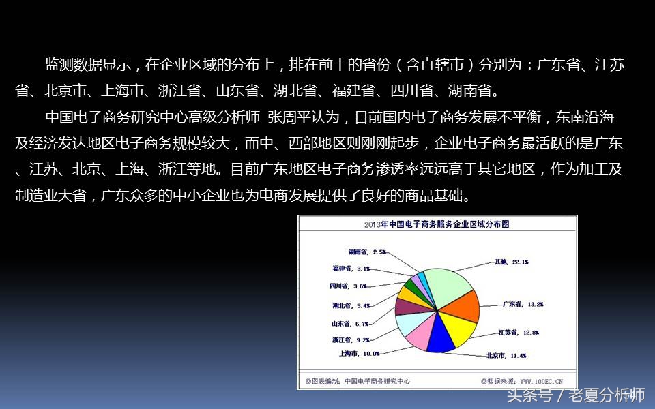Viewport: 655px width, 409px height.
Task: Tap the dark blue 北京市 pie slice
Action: [440, 339]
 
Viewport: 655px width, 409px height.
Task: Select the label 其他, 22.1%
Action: [511, 262]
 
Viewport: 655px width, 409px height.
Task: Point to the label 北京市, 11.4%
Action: [506, 355]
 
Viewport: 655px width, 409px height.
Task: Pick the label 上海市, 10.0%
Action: [359, 354]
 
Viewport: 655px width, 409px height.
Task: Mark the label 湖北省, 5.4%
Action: [351, 305]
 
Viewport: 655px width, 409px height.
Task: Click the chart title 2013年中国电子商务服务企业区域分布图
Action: [437, 224]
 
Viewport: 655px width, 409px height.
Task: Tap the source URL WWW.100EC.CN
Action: [542, 381]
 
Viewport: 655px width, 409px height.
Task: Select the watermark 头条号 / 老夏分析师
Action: [576, 395]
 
